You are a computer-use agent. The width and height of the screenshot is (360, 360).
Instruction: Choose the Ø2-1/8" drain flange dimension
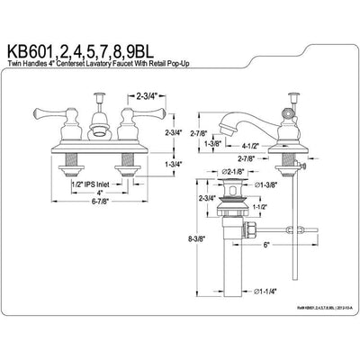tap(231, 170)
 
